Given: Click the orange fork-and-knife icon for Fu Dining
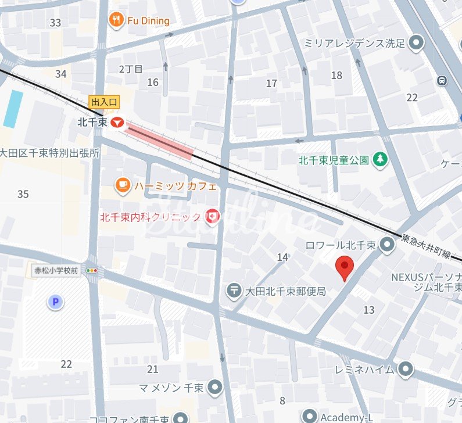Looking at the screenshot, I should click(x=117, y=21).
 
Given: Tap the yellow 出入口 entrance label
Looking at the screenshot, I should click(x=104, y=102).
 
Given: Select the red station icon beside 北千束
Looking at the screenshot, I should click(x=117, y=123).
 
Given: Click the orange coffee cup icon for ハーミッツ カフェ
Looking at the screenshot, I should click(x=123, y=186).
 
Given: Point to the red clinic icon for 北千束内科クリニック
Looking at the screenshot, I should click(x=213, y=217).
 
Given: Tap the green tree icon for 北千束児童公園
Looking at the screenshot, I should click(x=379, y=159).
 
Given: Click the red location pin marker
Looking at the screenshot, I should click(x=346, y=268).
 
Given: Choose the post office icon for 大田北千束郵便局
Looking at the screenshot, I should click(x=235, y=290).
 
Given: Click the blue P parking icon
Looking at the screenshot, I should click(x=55, y=302).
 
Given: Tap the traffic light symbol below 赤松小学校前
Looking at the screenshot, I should click(x=92, y=271).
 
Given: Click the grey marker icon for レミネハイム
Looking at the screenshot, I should click(x=406, y=369).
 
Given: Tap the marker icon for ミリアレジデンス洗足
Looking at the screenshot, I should click(x=416, y=42).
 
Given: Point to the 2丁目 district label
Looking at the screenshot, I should click(x=131, y=69).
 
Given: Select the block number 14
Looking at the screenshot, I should click(x=282, y=257).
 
